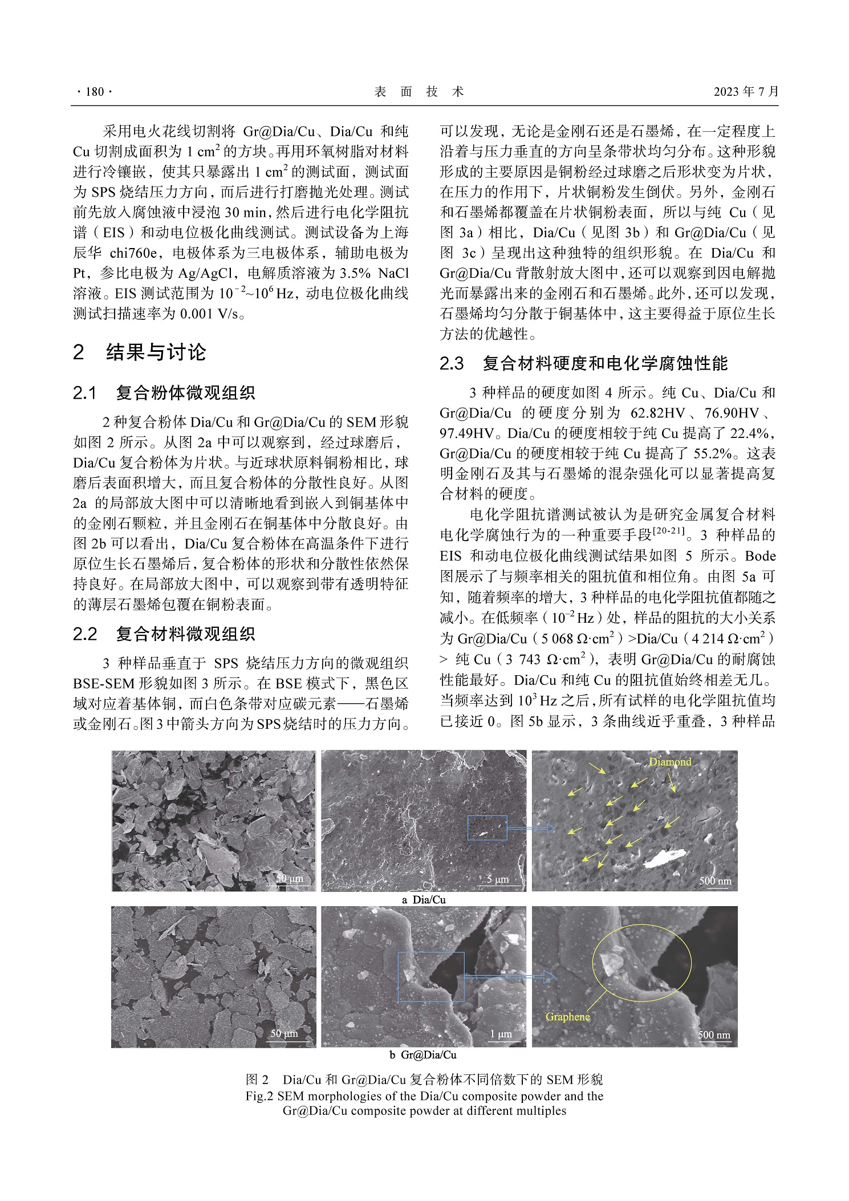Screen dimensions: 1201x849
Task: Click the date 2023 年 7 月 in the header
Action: coord(745,92)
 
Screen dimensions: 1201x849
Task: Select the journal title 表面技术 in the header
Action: coord(419,92)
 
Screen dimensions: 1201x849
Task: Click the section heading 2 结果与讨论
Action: coord(140,352)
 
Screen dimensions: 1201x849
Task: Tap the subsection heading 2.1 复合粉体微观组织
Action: coord(164,392)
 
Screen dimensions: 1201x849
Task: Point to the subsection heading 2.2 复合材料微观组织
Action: coord(164,634)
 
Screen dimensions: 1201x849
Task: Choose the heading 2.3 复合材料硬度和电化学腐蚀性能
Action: coord(584,363)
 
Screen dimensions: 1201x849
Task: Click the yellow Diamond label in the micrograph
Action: coord(669,762)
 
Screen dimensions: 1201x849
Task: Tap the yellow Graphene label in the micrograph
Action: coord(567,1017)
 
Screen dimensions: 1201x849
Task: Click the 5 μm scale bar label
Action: coord(497,879)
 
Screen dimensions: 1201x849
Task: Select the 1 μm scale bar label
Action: coord(501,1034)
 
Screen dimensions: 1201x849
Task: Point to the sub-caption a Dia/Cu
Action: coord(424,899)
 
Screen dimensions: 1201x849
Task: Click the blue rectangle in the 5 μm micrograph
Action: coord(487,827)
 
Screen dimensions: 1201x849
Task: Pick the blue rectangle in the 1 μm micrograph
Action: coord(430,976)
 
